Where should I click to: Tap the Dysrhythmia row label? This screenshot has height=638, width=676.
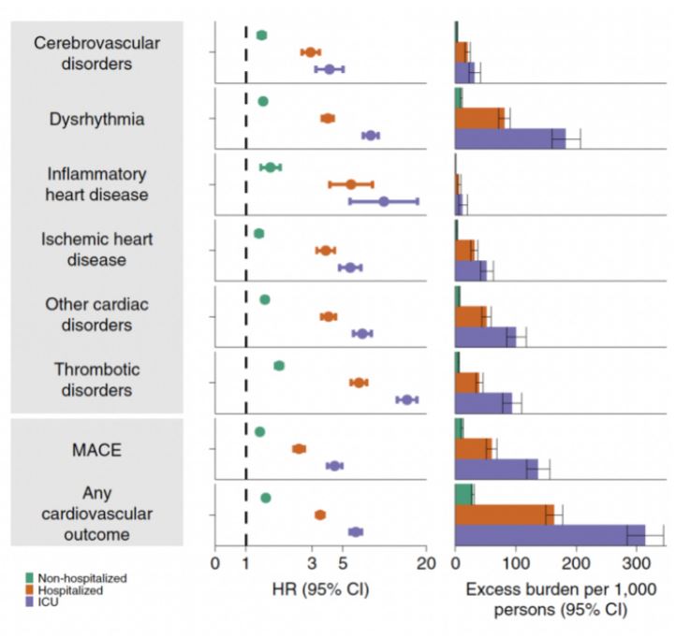(x=96, y=119)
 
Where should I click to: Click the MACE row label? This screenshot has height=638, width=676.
(x=96, y=449)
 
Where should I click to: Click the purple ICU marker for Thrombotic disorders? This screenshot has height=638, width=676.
(x=406, y=399)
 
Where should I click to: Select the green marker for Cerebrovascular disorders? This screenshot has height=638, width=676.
(x=261, y=36)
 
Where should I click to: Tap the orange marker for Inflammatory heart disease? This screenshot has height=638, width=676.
(x=351, y=184)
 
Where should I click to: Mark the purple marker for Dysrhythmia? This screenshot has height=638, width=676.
(x=371, y=136)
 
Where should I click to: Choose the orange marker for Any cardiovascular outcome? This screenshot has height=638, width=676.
(x=320, y=515)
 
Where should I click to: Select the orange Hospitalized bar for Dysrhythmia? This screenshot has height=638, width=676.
(x=479, y=118)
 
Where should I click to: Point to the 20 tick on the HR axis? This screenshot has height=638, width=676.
(x=426, y=564)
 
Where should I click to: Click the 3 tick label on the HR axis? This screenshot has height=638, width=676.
(x=311, y=564)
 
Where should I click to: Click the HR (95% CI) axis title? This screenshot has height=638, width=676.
(x=320, y=590)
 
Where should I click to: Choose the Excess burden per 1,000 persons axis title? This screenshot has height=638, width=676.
(x=547, y=599)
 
